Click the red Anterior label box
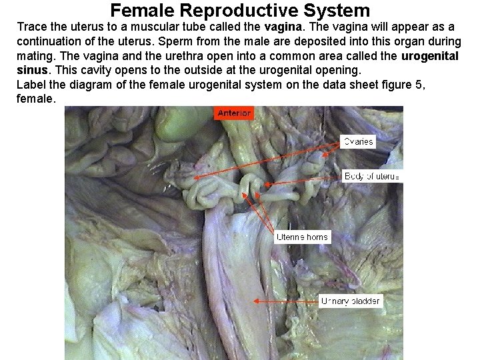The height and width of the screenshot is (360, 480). tap(234, 113)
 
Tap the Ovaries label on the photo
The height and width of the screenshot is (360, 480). tap(359, 141)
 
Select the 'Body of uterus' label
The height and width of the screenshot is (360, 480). tap(372, 176)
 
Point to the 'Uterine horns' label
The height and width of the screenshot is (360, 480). tap(302, 237)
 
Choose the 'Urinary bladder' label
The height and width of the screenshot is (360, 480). tap(350, 301)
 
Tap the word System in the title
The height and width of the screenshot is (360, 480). tap(339, 11)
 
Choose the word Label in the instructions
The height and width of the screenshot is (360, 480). tap(31, 85)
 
